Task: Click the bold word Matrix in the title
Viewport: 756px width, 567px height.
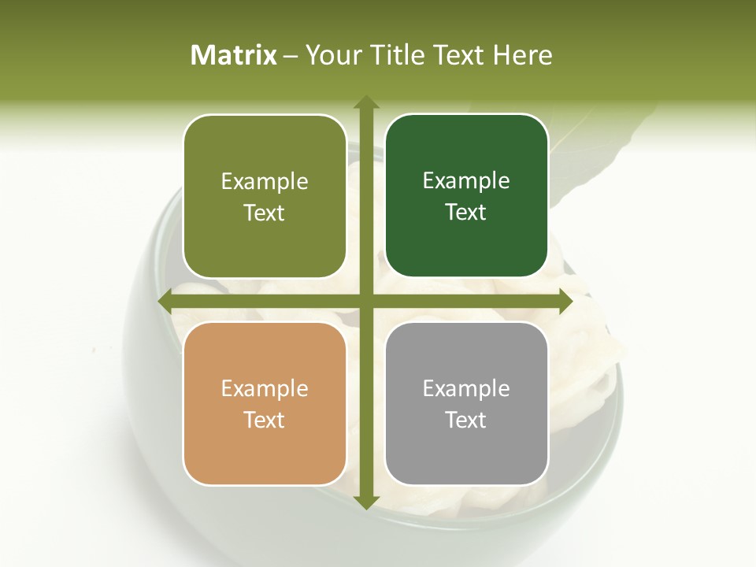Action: click(x=234, y=55)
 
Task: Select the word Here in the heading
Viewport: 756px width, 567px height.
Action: click(x=522, y=55)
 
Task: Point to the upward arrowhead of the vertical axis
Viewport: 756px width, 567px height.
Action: click(x=366, y=102)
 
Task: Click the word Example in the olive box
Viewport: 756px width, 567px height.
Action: click(x=265, y=182)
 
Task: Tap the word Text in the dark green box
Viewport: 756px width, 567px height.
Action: click(x=466, y=213)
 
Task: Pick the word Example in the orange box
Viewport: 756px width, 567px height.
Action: click(x=265, y=389)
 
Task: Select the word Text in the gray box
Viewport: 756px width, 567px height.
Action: click(x=466, y=420)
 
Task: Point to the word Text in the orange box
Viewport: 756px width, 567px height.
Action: click(x=265, y=420)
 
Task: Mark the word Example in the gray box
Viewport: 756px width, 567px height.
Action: click(x=466, y=389)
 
